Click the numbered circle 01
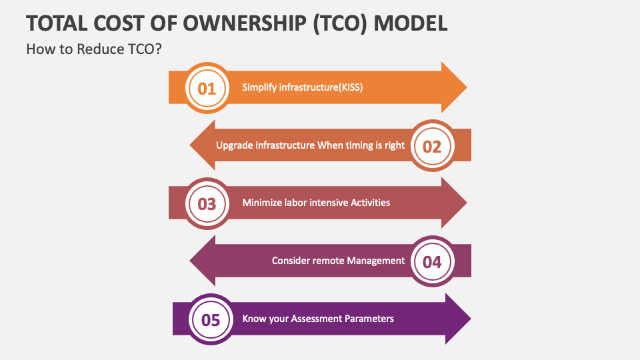point(207,88)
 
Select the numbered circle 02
point(432,146)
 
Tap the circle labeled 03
point(207,203)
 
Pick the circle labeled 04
point(432,261)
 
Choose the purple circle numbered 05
point(211,319)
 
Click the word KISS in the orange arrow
point(351,87)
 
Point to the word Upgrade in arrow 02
point(234,145)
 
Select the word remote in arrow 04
point(327,261)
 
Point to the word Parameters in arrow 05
point(369,319)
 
